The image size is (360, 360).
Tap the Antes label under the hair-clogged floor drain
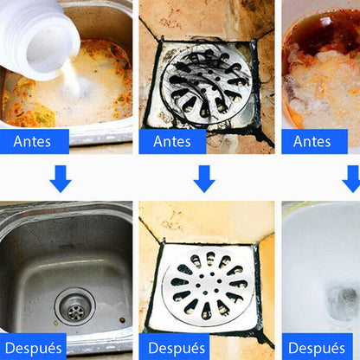172,141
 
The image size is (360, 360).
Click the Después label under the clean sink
33,347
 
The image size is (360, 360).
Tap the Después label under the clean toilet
318,347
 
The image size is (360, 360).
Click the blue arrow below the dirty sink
61,179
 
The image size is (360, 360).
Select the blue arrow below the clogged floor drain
204,179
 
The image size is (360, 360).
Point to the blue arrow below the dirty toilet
352,179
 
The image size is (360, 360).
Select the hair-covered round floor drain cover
207,84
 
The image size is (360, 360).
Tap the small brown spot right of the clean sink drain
123,319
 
